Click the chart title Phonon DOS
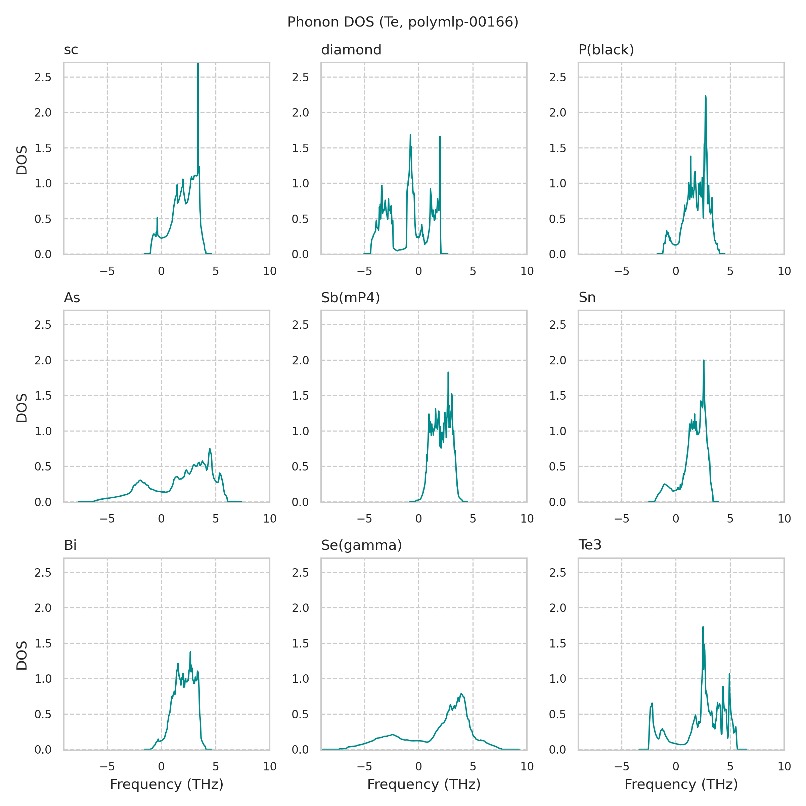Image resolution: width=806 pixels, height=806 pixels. (403, 22)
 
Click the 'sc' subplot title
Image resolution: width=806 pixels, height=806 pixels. (71, 50)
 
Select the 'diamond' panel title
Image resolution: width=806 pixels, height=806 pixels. (351, 50)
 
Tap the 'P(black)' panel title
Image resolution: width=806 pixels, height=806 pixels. (606, 50)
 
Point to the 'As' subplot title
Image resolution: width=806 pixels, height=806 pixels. (72, 298)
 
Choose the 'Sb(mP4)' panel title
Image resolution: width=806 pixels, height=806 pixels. (350, 298)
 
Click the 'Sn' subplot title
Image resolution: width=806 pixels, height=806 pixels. (587, 298)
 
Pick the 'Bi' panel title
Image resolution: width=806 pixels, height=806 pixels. (70, 545)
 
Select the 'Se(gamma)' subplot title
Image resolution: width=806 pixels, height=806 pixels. (361, 545)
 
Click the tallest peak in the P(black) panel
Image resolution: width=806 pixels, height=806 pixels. (706, 96)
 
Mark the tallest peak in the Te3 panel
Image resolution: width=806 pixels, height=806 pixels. (703, 627)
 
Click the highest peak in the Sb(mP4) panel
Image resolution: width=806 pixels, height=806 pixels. (448, 372)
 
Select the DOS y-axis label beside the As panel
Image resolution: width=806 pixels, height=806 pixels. (22, 408)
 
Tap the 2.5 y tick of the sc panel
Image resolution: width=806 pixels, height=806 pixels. (43, 77)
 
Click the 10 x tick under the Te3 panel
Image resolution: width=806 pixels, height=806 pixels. (784, 766)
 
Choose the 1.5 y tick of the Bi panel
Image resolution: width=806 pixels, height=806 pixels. (43, 644)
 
